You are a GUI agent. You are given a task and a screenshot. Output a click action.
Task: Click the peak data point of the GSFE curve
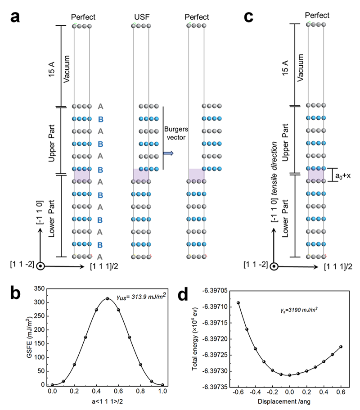[x=107, y=298]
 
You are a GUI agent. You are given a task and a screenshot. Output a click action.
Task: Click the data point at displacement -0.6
[x=238, y=303]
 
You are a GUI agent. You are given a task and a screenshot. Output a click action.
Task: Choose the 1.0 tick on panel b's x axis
[x=162, y=392]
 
